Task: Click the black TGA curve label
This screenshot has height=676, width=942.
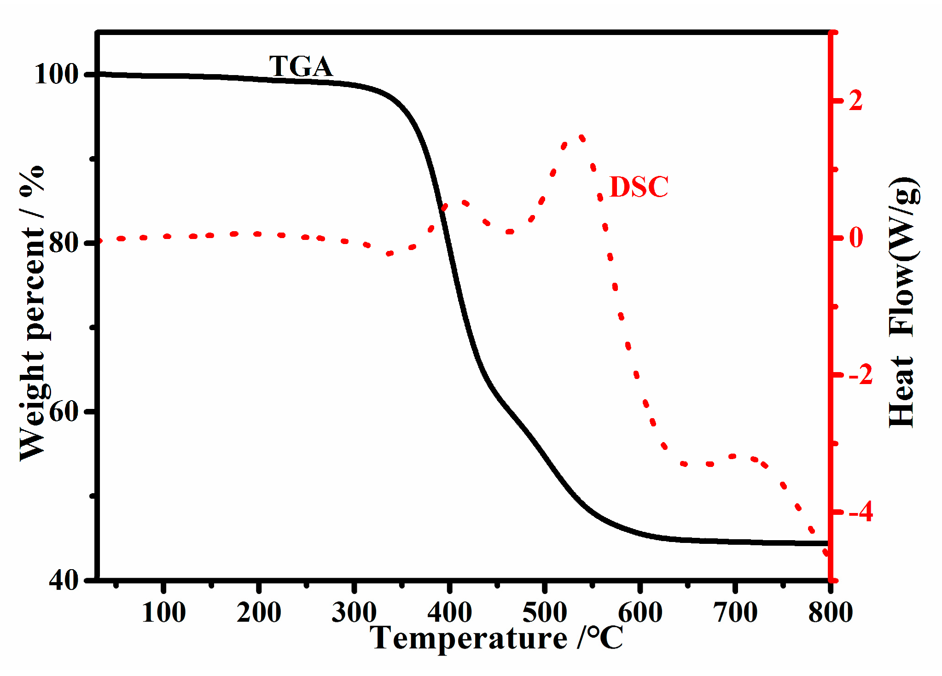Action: click(301, 67)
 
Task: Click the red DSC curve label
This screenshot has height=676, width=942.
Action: click(639, 187)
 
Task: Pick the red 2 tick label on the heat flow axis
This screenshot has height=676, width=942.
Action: click(855, 100)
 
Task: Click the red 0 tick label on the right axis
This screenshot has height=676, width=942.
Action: click(855, 238)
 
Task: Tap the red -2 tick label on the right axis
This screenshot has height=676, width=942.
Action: click(860, 375)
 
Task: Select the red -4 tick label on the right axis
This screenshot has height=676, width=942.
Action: click(860, 512)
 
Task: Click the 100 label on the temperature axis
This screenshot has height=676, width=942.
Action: click(163, 613)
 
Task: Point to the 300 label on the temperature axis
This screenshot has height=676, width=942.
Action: click(354, 613)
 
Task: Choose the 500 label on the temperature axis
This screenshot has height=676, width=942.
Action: click(545, 613)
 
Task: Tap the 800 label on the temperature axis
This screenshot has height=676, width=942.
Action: click(830, 613)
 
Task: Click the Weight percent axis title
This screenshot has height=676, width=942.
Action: click(32, 313)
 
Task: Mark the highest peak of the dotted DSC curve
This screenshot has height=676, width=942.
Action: click(581, 137)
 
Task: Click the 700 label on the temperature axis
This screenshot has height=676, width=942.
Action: click(735, 613)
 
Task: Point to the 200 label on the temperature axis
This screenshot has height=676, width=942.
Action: click(259, 613)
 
